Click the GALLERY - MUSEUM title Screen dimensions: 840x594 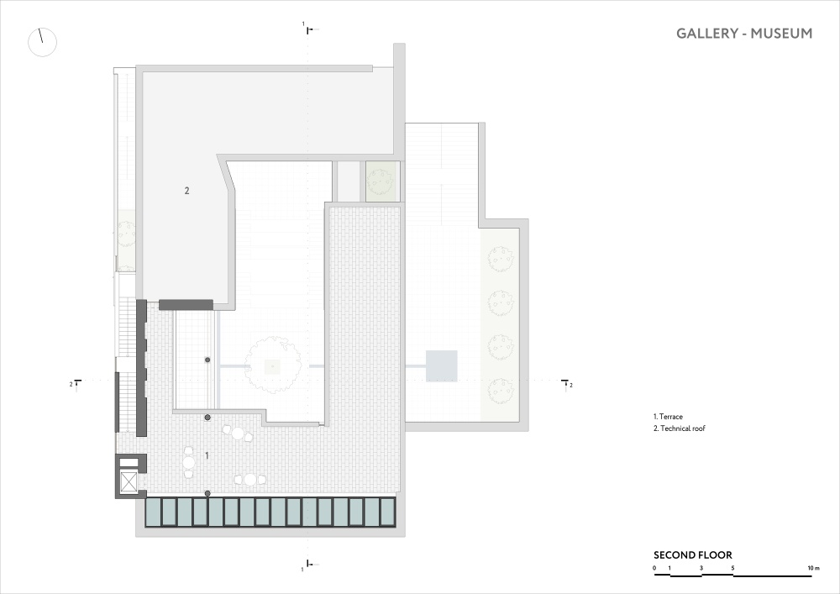pos(744,34)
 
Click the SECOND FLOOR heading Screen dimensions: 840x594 pos(693,555)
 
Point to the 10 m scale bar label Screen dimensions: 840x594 pos(814,568)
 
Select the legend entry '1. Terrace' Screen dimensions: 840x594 pos(668,417)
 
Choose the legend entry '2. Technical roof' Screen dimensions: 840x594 pos(680,428)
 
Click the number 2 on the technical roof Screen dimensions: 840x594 pos(186,190)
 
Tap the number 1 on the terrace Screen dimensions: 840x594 pos(207,456)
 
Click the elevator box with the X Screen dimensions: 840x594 pos(129,482)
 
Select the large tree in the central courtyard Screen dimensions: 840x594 pos(273,365)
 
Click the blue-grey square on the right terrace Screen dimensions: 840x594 pos(442,365)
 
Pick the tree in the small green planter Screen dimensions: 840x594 pos(381,181)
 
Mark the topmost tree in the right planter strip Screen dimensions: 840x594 pos(501,260)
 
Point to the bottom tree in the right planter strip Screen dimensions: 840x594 pos(501,391)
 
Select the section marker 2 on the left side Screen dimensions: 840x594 pos(76,383)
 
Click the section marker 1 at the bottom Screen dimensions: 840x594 pos(307,566)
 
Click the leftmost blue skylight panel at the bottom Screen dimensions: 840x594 pos(154,512)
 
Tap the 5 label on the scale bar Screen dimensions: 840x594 pos(732,568)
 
